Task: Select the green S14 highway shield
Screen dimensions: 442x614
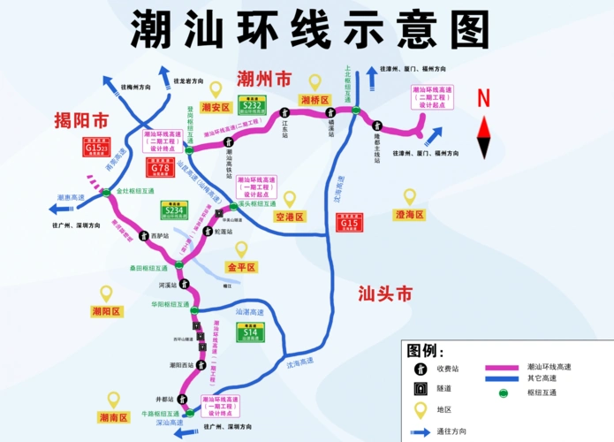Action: coord(247,332)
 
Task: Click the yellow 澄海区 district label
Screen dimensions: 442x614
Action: coord(409,215)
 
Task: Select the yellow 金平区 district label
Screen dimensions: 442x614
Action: coord(240,267)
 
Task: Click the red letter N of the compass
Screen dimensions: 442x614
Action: coord(483,98)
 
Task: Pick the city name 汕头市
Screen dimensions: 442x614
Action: coord(385,294)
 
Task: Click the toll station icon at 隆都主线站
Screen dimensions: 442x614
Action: coord(376,126)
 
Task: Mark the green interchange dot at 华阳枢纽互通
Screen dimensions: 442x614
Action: coord(192,311)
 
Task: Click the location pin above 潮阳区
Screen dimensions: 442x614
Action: coord(106,293)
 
